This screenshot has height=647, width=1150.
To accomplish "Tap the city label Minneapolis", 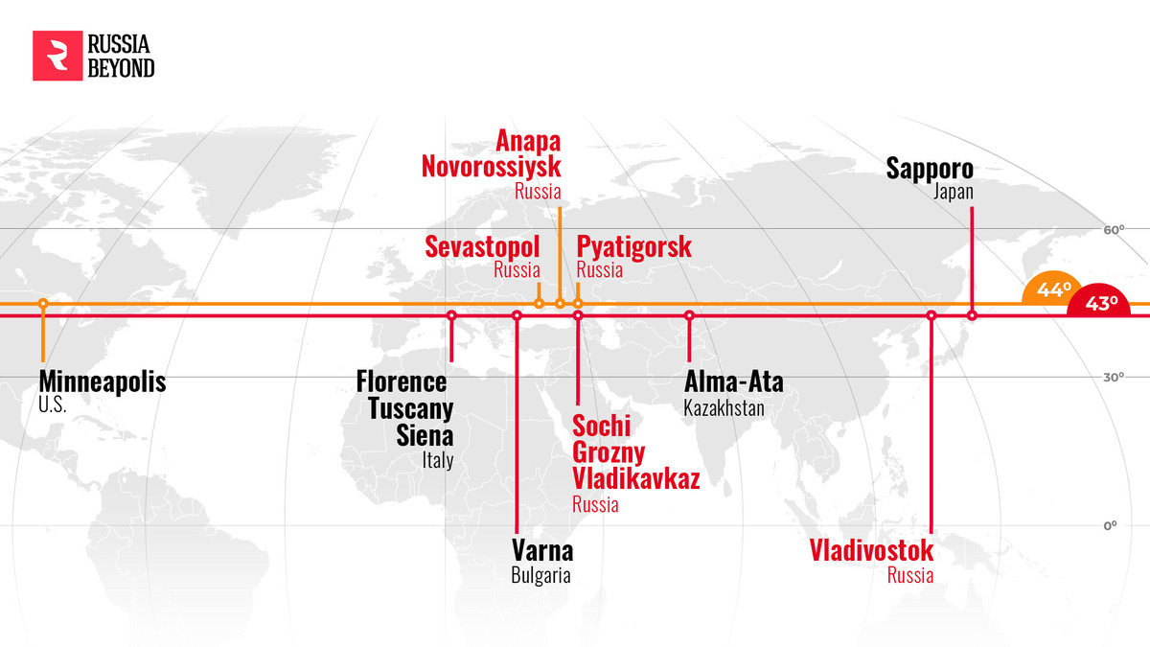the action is point(103,382).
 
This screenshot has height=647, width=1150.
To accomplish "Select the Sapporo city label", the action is point(930,170).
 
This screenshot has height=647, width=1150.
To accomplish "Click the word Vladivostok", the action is point(871,552).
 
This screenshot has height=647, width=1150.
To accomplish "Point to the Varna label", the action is point(542,552).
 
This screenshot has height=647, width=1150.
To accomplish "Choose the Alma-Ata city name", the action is point(734,382).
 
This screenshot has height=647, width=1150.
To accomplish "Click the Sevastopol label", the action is point(482,247).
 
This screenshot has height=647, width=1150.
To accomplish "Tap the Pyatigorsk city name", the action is point(633,247).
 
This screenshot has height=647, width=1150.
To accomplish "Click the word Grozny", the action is point(609,452).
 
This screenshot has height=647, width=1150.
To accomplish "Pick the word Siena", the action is point(425,437).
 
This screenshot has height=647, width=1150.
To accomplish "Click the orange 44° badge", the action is point(1052,289).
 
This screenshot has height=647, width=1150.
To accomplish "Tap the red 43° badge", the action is point(1102,303).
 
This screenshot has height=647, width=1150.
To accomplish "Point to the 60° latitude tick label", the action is point(1113,230).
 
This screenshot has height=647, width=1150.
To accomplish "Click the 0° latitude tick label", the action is point(1111,526).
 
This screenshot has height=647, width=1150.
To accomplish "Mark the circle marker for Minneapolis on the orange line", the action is point(43,304).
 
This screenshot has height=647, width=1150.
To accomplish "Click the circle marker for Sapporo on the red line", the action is point(972,315).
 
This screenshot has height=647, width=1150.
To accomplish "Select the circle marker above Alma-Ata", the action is point(689,315).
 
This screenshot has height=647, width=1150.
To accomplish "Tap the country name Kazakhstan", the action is point(724,407).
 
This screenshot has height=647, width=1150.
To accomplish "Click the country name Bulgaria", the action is point(540,576).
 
